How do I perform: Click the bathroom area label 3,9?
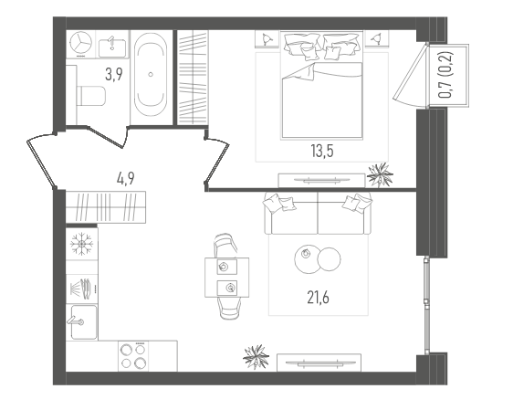pyautogui.click(x=114, y=74)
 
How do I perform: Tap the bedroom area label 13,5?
pyautogui.click(x=322, y=152)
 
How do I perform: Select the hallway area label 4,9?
pyautogui.click(x=126, y=179)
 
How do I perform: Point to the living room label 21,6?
pyautogui.click(x=318, y=298)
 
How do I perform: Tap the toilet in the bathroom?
pyautogui.click(x=91, y=96)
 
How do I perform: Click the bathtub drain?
pyautogui.click(x=151, y=74)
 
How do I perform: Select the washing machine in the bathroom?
pyautogui.click(x=81, y=44)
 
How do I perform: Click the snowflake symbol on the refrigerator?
pyautogui.click(x=82, y=244)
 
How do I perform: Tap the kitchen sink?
pyautogui.click(x=84, y=322)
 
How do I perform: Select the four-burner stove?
pyautogui.click(x=133, y=356)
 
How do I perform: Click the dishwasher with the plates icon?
pyautogui.click(x=82, y=289)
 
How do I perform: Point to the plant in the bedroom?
pyautogui.click(x=380, y=174)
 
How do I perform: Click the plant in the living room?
pyautogui.click(x=256, y=356)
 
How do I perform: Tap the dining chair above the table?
pyautogui.click(x=225, y=246)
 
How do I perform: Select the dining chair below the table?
pyautogui.click(x=229, y=309)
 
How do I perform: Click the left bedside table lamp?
pyautogui.click(x=267, y=39)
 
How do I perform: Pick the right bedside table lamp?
pyautogui.click(x=377, y=39)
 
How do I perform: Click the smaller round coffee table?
pyautogui.click(x=330, y=259)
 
